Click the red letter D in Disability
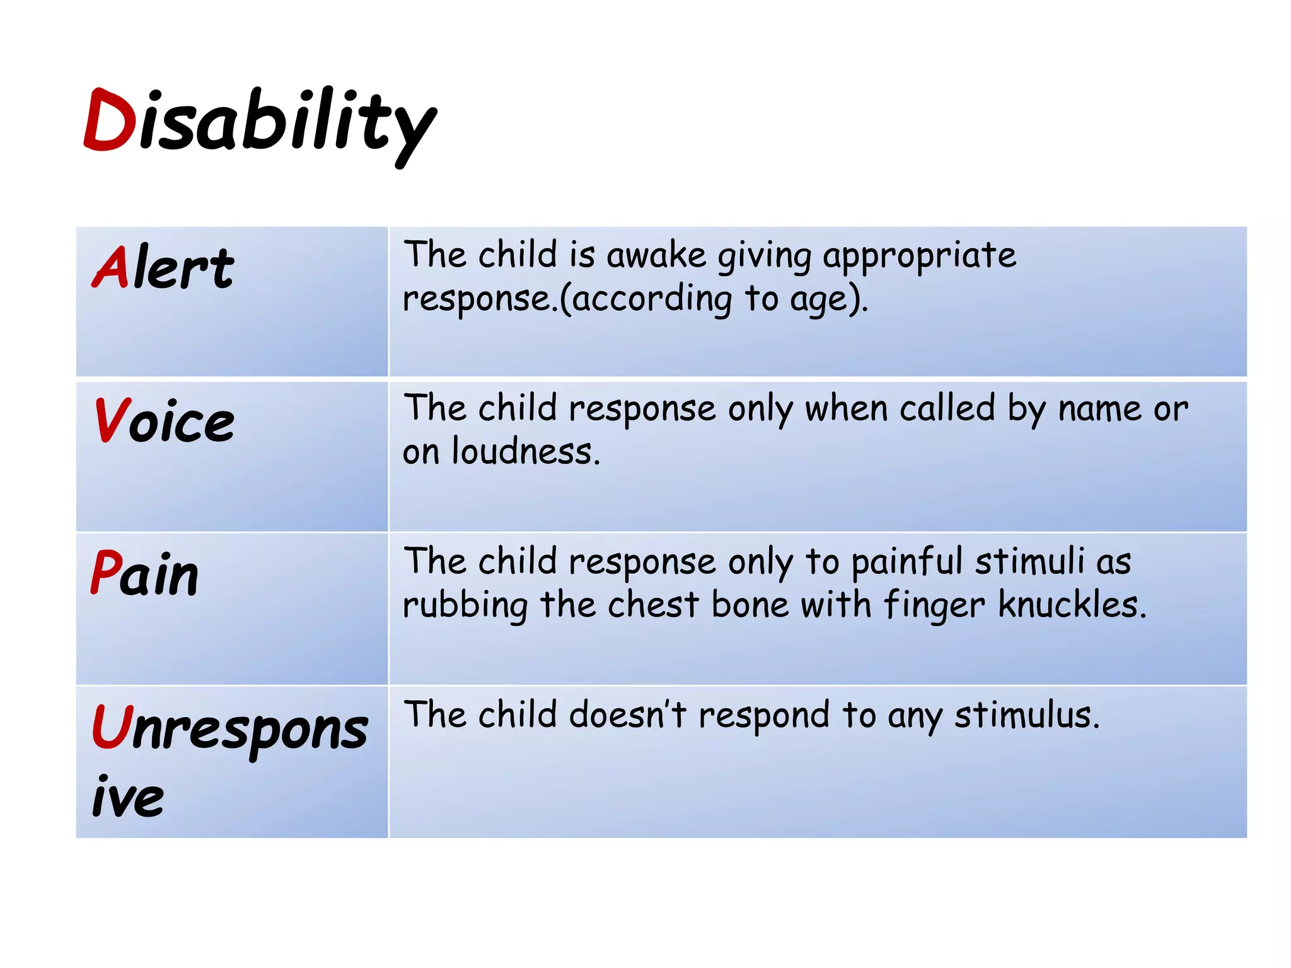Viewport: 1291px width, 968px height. click(x=108, y=120)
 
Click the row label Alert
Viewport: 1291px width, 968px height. click(x=163, y=268)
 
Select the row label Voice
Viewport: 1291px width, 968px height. click(x=164, y=421)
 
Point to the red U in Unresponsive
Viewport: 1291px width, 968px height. click(x=110, y=727)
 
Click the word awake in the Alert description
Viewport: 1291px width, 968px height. click(x=656, y=256)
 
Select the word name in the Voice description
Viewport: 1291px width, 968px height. click(x=1099, y=409)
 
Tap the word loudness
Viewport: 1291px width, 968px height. click(x=525, y=452)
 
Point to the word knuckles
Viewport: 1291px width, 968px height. click(x=1072, y=605)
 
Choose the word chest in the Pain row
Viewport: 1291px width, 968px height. click(x=653, y=605)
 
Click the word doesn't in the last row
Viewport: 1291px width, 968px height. click(x=627, y=715)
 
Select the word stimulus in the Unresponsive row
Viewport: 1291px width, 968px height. click(x=1027, y=715)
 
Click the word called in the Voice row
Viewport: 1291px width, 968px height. click(x=947, y=408)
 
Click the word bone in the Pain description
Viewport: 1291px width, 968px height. click(x=750, y=605)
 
